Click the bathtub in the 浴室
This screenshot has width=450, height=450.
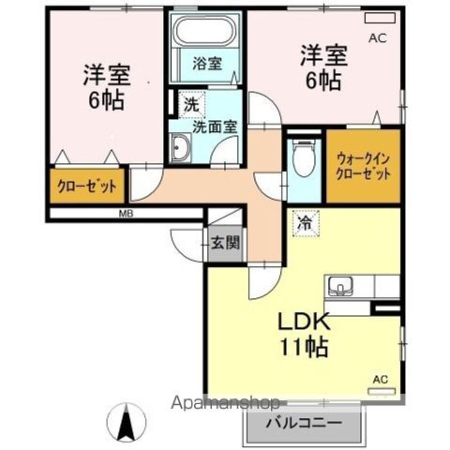(206, 37)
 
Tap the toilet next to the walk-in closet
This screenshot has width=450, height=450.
(302, 159)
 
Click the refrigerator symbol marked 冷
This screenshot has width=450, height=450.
(305, 224)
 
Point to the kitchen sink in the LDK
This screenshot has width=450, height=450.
(338, 284)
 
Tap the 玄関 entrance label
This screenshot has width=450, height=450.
(225, 242)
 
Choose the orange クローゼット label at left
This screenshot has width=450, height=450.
(87, 186)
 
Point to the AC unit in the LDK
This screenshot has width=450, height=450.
(380, 388)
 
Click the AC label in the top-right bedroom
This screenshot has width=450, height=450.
(377, 38)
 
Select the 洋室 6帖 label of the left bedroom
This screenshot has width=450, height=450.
(105, 87)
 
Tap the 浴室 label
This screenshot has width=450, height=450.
(207, 64)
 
